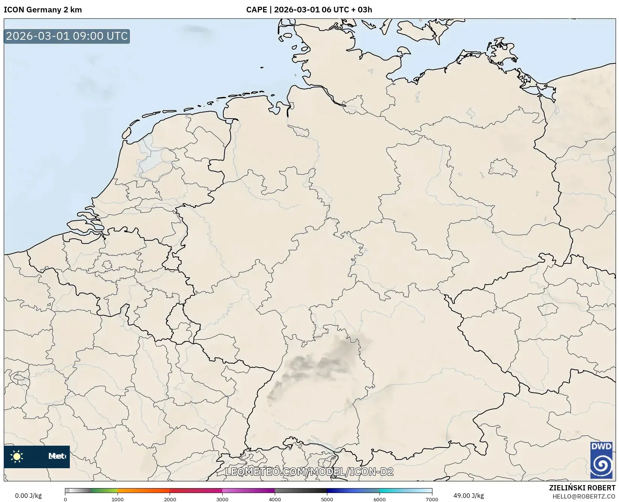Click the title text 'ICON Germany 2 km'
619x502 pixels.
point(43,10)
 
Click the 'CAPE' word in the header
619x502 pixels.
point(256,10)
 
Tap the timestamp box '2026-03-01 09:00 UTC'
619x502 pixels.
point(67,36)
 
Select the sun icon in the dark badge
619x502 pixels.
point(17,457)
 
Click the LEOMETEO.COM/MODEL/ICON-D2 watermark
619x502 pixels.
point(309,472)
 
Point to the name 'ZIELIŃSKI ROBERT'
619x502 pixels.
point(582,488)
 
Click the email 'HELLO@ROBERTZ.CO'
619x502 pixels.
point(584,496)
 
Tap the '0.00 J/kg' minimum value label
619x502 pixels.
point(28,496)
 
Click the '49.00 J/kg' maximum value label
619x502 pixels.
point(468,496)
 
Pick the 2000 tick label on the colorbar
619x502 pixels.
point(170,499)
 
